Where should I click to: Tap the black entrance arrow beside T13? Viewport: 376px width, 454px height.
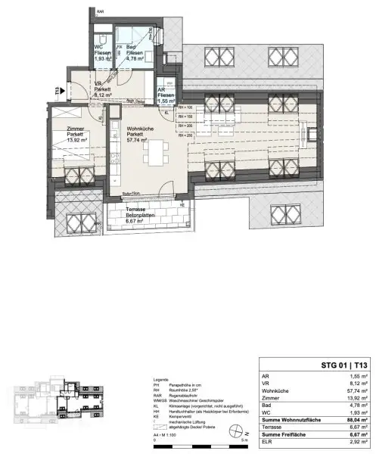[x=67, y=92]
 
